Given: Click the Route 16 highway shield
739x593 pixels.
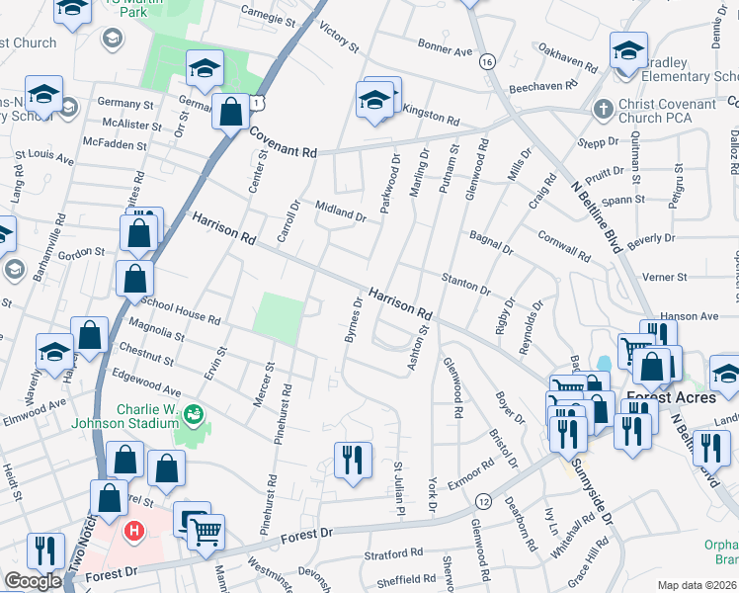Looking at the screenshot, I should pos(486,61).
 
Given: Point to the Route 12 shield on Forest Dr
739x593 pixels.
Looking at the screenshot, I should pos(483,501).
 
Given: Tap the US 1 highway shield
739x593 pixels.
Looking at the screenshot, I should pos(257,102).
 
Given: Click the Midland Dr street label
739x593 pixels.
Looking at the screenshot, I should pos(341,210).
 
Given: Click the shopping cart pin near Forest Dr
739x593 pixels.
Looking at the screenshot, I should pos(206,531).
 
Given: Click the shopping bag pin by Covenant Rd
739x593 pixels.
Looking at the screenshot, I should pos(230,112).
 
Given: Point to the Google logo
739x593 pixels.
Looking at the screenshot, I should pos(33,581).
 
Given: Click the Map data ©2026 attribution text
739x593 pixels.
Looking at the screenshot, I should pos(697,585).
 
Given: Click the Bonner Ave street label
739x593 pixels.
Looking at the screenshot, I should pos(446,49).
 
